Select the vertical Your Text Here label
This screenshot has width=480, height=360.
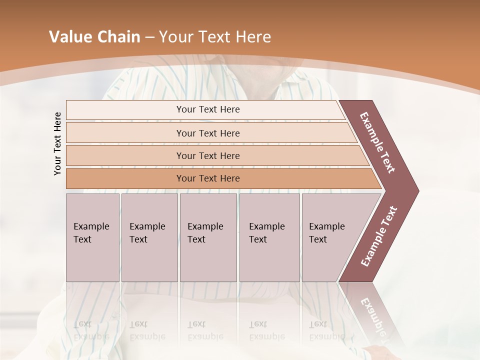click(57, 144)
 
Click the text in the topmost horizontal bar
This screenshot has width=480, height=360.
click(208, 109)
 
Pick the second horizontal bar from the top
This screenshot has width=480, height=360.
click(208, 133)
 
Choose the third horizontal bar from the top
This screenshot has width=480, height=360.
click(208, 155)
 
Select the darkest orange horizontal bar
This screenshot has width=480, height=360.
click(208, 178)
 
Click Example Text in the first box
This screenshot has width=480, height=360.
click(91, 232)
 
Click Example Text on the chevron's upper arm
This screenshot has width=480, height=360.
click(377, 142)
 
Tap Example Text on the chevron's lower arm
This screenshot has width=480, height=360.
click(379, 236)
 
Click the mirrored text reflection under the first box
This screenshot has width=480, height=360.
click(91, 330)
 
